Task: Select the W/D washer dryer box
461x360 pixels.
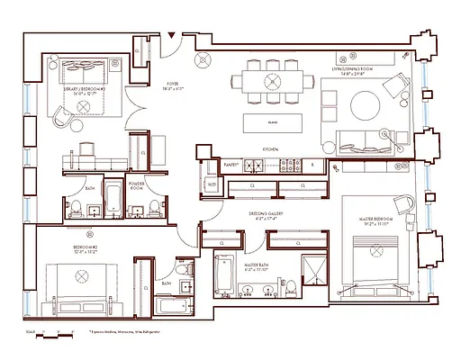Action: (x=212, y=185)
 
